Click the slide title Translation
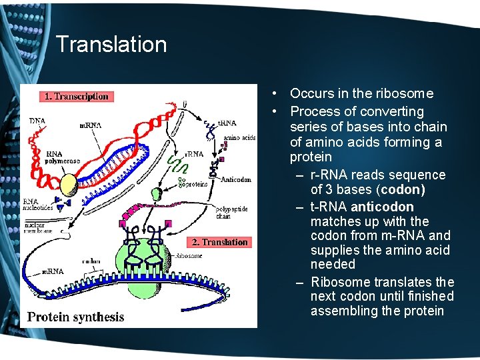click(111, 45)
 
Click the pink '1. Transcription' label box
click(76, 97)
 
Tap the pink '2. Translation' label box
click(219, 242)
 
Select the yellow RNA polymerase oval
click(69, 182)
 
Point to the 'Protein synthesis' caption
click(75, 317)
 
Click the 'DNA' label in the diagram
click(38, 121)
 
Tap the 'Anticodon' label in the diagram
click(235, 179)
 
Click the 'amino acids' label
click(239, 138)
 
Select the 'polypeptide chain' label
click(232, 212)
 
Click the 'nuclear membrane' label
click(40, 228)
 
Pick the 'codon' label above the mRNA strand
click(91, 262)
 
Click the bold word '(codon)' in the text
click(401, 189)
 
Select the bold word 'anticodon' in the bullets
click(381, 207)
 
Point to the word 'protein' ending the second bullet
click(310, 157)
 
